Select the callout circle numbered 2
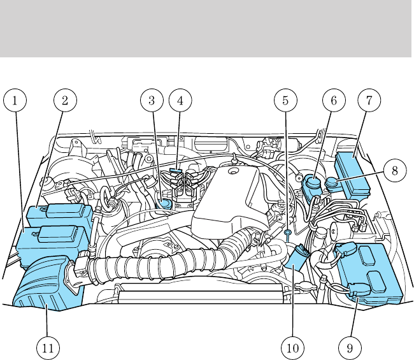click(x=64, y=100)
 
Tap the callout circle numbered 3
click(x=152, y=100)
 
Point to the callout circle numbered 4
click(x=180, y=100)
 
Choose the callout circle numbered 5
click(x=285, y=100)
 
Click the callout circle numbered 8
click(x=395, y=171)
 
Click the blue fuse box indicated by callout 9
click(x=371, y=273)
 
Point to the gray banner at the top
click(x=206, y=29)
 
